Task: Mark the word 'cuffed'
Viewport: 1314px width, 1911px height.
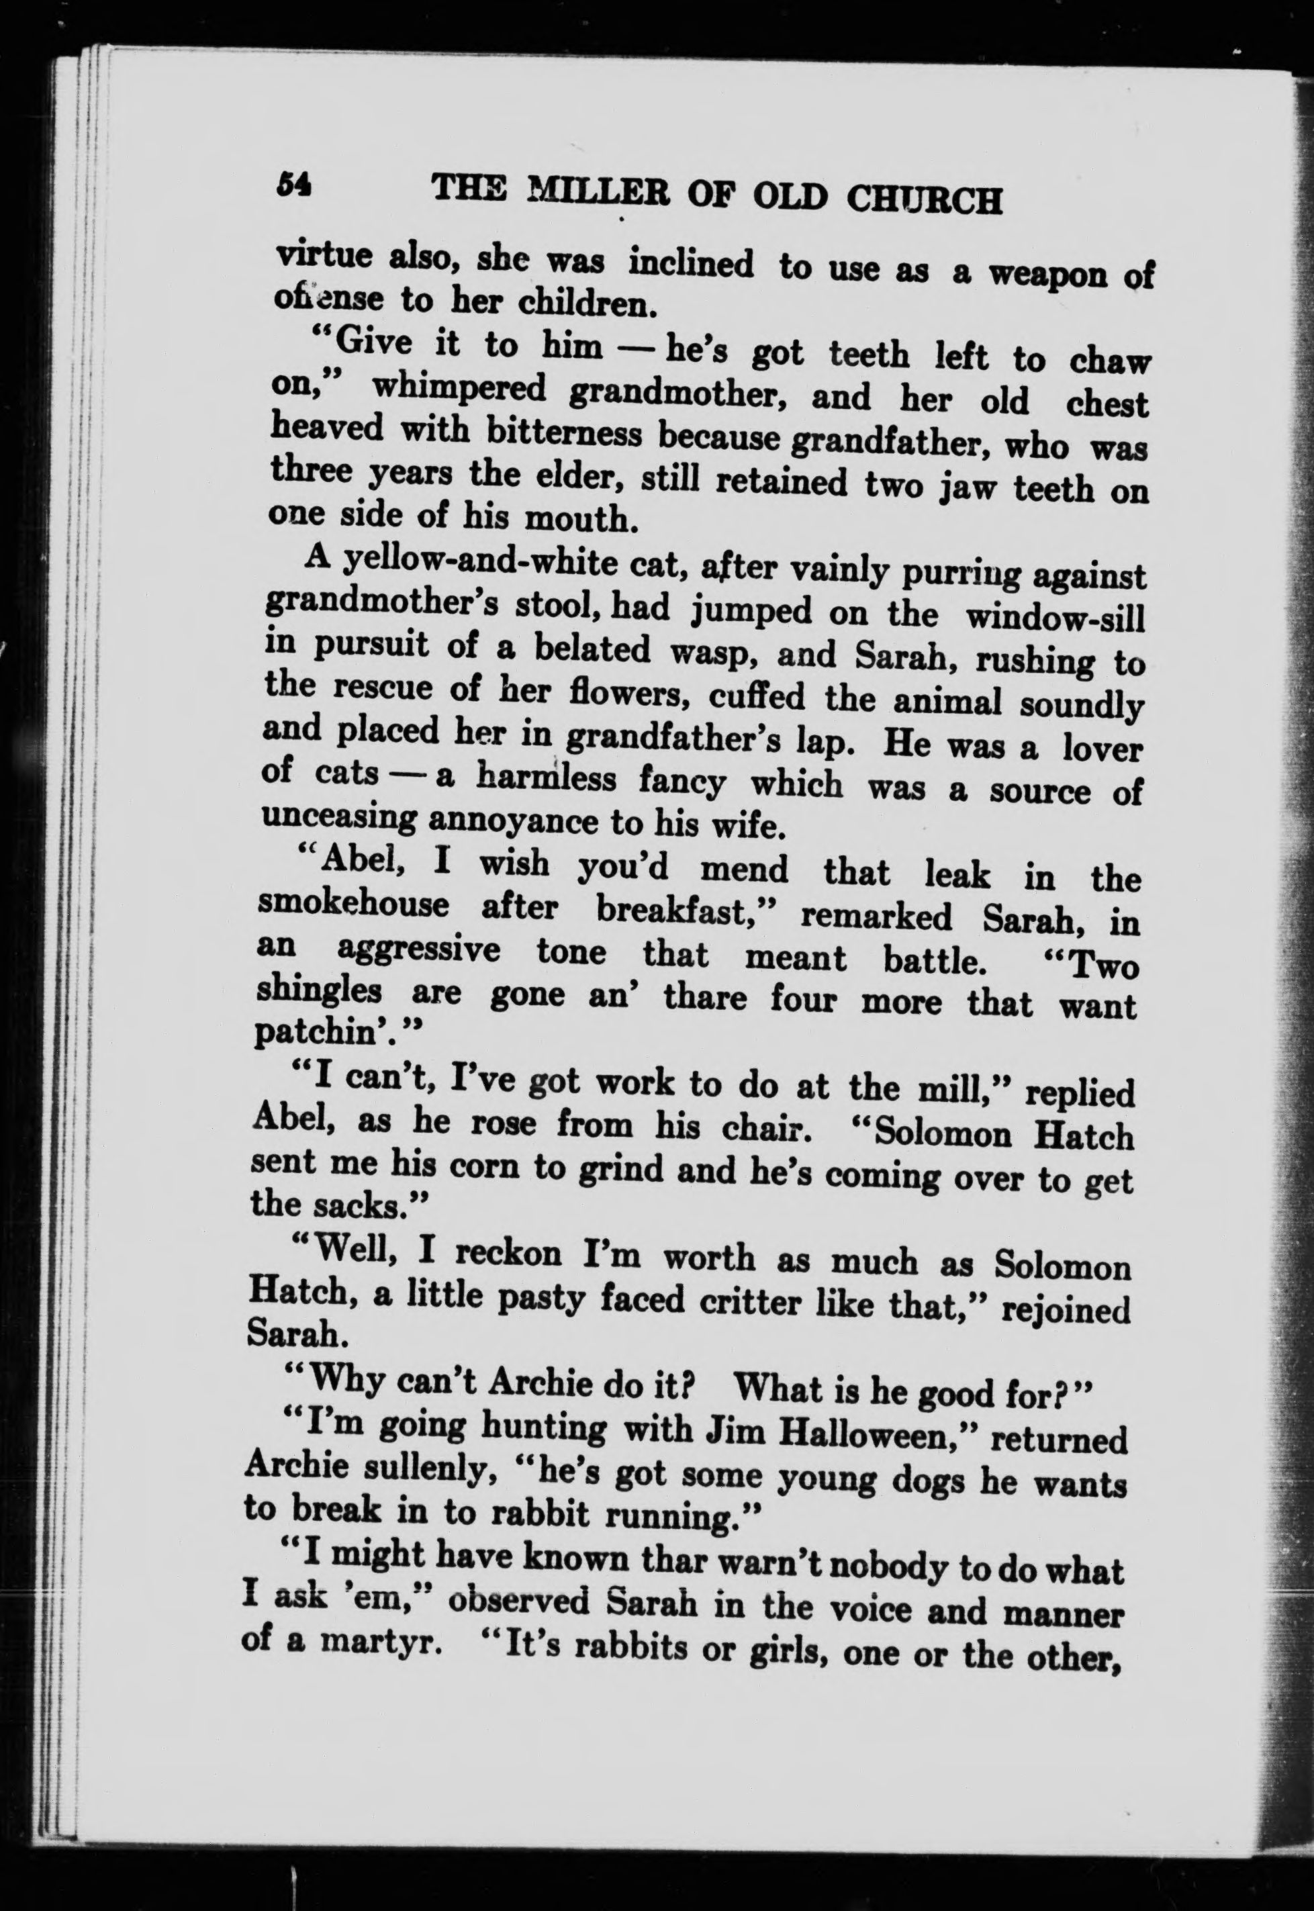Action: pyautogui.click(x=757, y=696)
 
